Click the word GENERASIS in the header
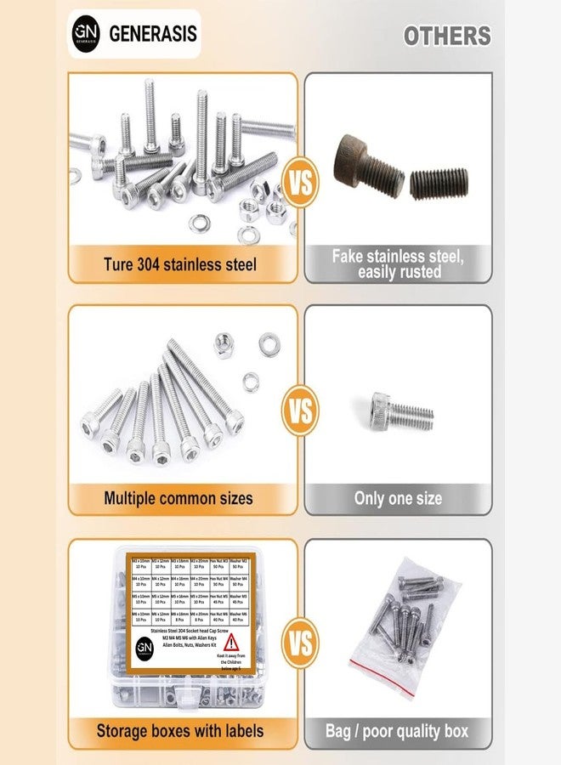pyautogui.click(x=152, y=34)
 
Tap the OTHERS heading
pyautogui.click(x=446, y=36)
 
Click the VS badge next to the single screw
pyautogui.click(x=301, y=413)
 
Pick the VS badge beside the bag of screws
pyautogui.click(x=301, y=644)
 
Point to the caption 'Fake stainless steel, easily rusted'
pyautogui.click(x=399, y=263)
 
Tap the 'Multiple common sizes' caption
pyautogui.click(x=178, y=497)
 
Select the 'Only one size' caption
pyautogui.click(x=398, y=498)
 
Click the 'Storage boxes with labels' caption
pyautogui.click(x=179, y=730)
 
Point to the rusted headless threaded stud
pyautogui.click(x=439, y=182)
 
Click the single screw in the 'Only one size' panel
pyautogui.click(x=401, y=411)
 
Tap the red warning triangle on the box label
pyautogui.click(x=231, y=643)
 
